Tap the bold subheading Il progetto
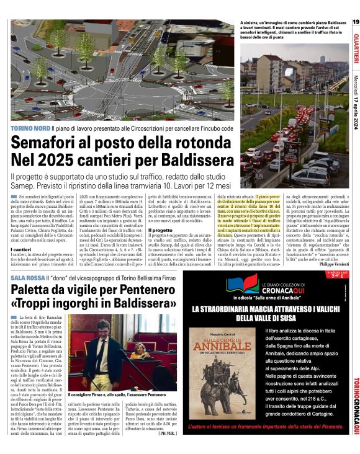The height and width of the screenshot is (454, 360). [x=159, y=229]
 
